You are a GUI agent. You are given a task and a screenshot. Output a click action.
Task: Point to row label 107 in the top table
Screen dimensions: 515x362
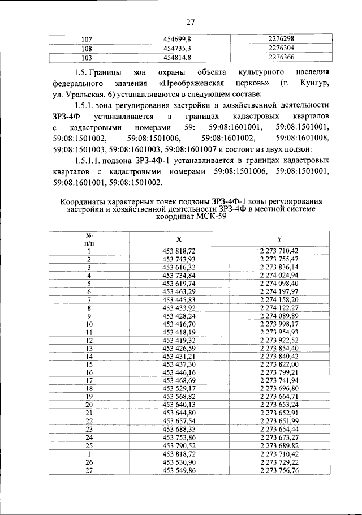click(x=87, y=40)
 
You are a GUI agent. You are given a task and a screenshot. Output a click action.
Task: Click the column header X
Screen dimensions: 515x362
click(x=179, y=239)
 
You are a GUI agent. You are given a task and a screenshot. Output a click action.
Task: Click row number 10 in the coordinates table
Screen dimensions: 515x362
click(x=89, y=324)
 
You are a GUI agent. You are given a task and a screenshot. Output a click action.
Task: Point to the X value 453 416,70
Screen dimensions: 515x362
click(x=179, y=324)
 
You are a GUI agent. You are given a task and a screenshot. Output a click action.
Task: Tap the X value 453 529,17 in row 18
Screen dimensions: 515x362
click(x=179, y=389)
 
